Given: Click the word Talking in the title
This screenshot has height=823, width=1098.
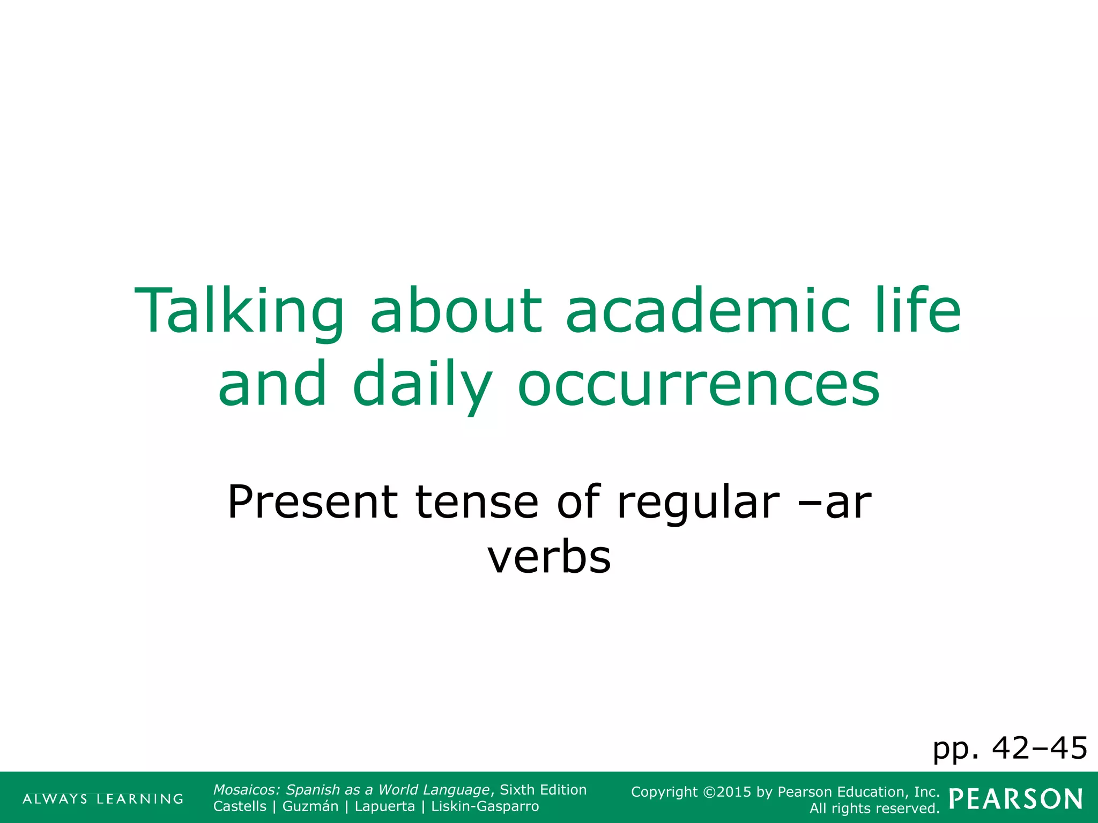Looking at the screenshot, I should [239, 312].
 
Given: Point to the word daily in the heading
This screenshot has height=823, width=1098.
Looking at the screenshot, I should [422, 385].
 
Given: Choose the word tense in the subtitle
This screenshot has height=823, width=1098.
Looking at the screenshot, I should [477, 502].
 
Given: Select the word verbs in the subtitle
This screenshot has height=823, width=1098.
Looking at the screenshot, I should [549, 557].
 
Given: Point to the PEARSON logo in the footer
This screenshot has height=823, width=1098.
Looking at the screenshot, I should [1015, 799].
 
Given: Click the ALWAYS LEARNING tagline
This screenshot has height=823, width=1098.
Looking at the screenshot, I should [103, 799].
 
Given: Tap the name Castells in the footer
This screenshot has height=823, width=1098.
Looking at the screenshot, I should [240, 806].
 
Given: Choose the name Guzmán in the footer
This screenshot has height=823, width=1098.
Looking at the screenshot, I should [310, 806].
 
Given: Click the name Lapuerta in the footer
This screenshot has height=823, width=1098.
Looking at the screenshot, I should [384, 806].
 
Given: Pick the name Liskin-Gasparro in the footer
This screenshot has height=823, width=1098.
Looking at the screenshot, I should [485, 806].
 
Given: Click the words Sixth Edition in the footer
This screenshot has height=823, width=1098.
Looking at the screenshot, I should [543, 790].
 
